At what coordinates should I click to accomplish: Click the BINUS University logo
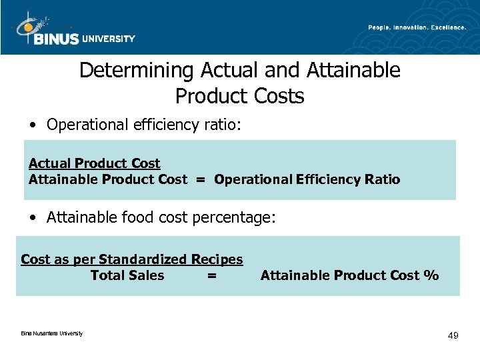pos(73,30)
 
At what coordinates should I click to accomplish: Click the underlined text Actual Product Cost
pos(94,163)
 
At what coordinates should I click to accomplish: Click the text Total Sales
pos(127,275)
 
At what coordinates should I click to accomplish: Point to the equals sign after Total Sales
pos(211,275)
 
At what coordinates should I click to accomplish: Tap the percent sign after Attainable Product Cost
pos(431,275)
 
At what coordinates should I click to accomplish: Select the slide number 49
pos(453,335)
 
